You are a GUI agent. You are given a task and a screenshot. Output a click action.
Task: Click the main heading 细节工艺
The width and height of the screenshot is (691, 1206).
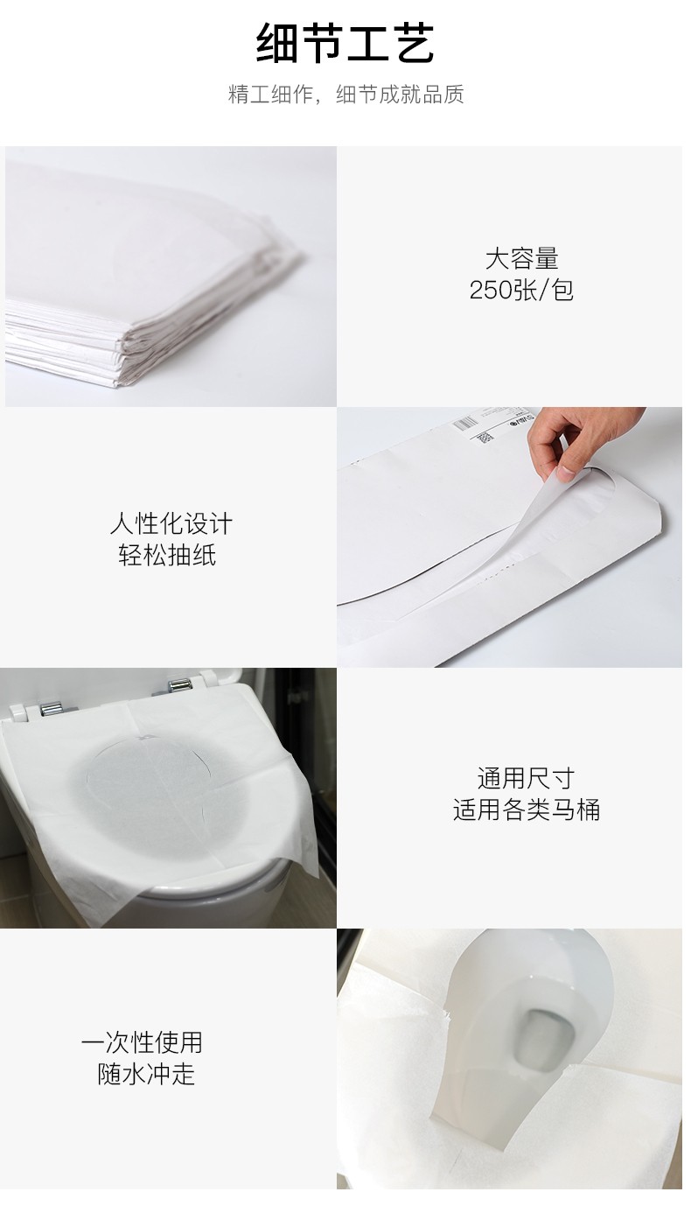click(x=345, y=44)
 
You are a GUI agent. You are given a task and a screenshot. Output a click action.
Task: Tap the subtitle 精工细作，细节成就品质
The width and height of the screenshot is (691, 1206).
click(x=345, y=95)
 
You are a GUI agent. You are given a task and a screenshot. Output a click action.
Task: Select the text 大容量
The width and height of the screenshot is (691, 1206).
click(x=521, y=259)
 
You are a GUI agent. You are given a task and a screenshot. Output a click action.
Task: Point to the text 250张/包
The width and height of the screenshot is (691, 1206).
click(x=521, y=291)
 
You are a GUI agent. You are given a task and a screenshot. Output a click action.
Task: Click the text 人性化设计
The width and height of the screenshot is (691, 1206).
click(x=171, y=523)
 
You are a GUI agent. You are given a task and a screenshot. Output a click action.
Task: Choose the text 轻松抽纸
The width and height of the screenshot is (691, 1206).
click(x=167, y=555)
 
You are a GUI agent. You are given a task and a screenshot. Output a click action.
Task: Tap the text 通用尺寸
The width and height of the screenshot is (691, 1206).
click(x=526, y=779)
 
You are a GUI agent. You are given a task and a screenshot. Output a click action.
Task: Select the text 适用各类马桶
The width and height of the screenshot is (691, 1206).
click(x=527, y=810)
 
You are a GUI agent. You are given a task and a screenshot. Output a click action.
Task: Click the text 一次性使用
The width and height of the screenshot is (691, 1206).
click(x=142, y=1043)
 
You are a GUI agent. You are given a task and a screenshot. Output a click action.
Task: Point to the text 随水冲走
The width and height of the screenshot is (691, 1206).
click(x=146, y=1074)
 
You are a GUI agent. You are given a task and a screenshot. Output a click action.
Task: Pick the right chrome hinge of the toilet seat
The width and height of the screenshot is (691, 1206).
click(x=179, y=686)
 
